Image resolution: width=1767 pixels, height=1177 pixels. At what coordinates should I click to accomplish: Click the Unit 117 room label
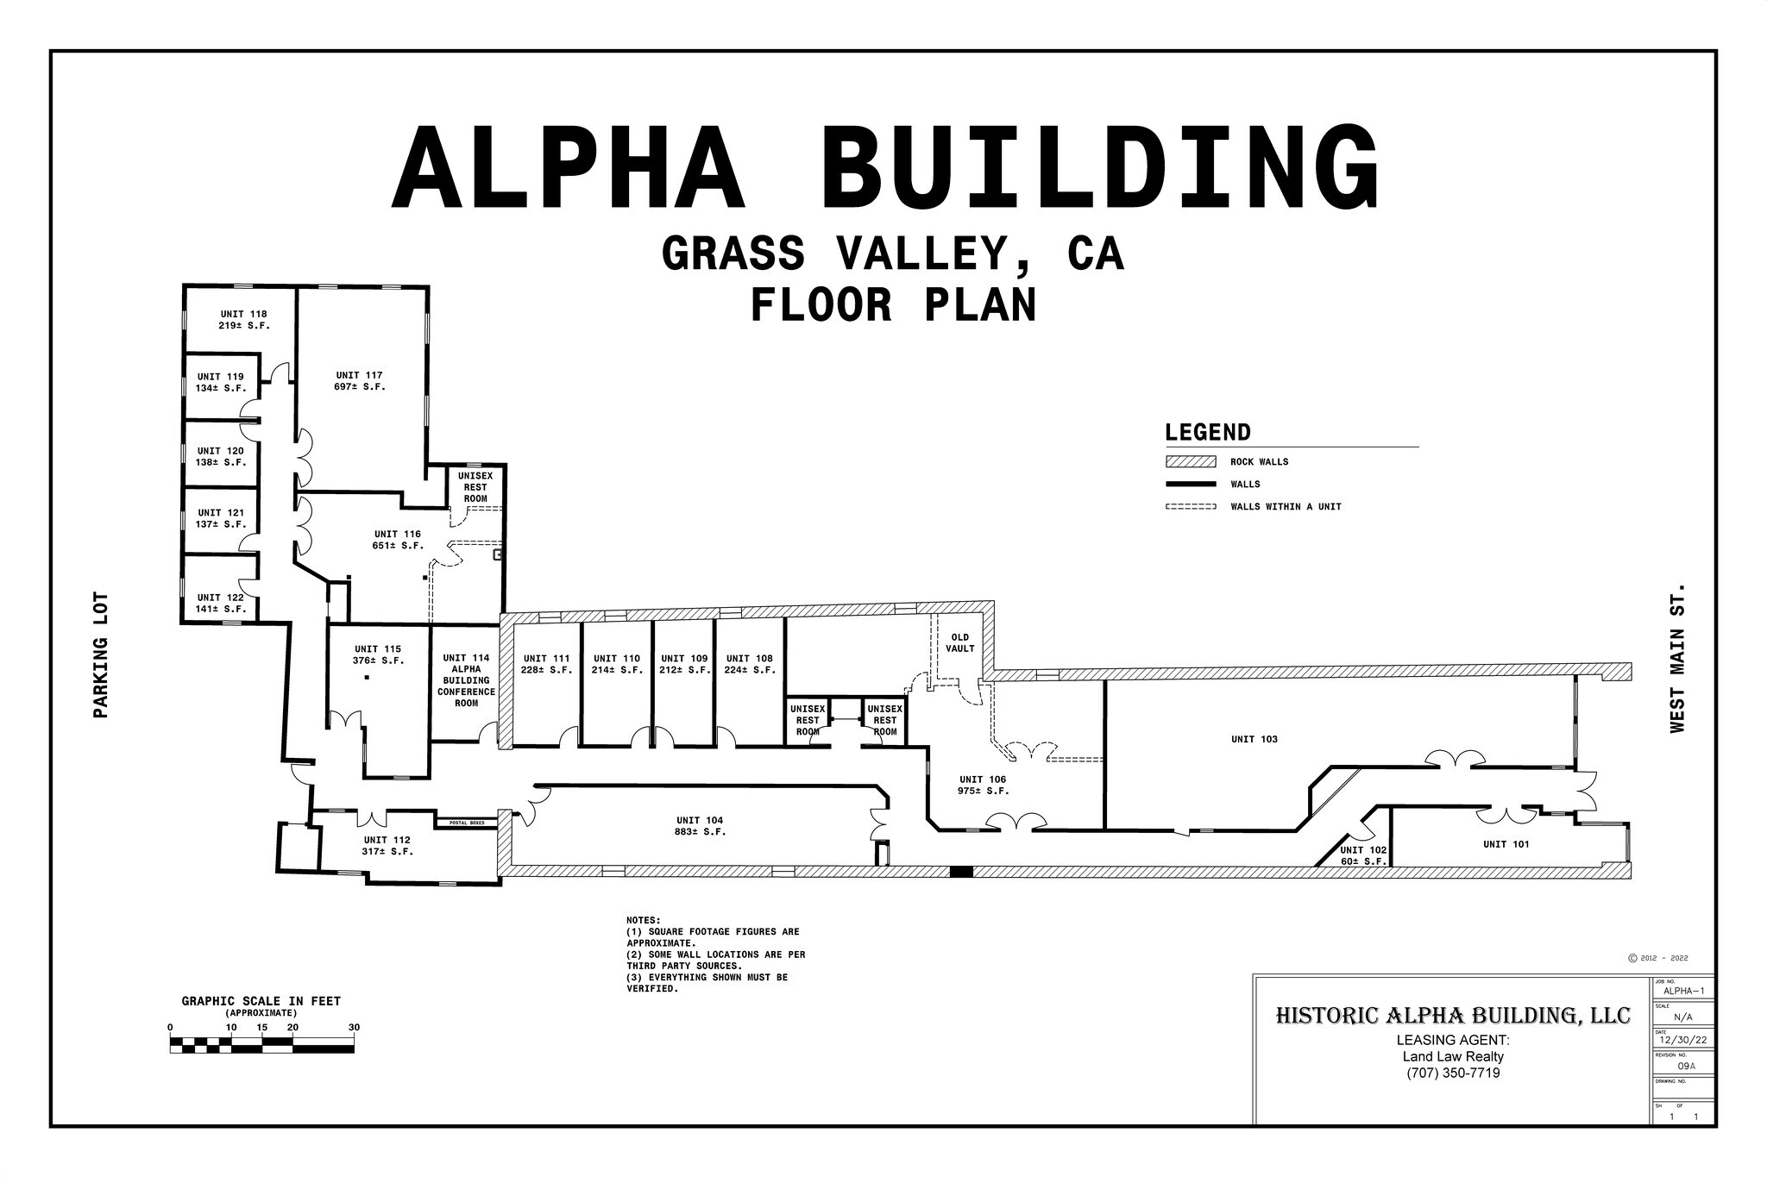[359, 381]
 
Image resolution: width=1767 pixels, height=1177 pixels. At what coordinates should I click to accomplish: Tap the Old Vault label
[959, 643]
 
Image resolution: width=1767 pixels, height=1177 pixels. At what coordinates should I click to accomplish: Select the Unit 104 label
[700, 826]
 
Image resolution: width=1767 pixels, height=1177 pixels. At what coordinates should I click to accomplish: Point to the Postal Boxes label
[467, 823]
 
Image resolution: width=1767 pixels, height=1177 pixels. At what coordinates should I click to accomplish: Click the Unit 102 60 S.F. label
[1363, 855]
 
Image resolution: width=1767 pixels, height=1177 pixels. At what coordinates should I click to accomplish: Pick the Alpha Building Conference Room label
[466, 680]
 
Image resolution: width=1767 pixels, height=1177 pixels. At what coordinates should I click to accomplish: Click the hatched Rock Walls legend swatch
[1190, 462]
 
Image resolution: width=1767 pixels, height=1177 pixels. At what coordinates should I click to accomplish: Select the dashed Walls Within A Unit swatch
[1190, 507]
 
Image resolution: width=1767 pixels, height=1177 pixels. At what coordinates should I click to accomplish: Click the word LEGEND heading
[1207, 433]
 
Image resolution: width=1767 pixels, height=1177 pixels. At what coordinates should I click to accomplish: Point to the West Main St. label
[1676, 658]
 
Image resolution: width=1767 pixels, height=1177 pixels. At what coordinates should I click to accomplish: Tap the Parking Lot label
[101, 654]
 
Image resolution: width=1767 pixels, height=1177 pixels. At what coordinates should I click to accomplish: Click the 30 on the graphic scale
[354, 1027]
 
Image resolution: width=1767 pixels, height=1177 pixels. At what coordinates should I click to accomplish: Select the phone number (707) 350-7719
[1453, 1074]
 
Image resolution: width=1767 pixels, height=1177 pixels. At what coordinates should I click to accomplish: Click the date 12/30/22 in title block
[1682, 1041]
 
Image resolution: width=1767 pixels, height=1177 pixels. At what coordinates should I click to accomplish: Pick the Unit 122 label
[221, 603]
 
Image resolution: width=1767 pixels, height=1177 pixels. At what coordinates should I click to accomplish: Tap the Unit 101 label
[1506, 844]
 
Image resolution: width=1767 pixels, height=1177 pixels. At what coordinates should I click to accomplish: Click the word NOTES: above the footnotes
[644, 920]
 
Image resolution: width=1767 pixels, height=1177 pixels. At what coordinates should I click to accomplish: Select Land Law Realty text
[1453, 1056]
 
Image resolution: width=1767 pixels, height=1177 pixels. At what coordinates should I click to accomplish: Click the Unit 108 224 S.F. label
[750, 664]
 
